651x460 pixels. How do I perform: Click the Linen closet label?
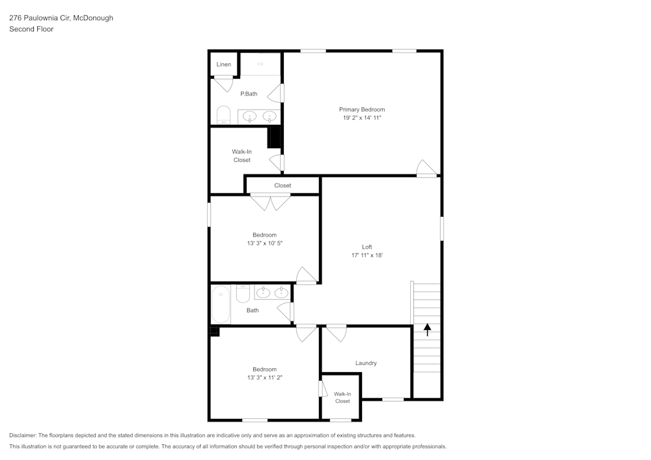[x=223, y=64]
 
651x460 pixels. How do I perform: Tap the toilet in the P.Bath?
[x=223, y=115]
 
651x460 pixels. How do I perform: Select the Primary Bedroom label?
[x=361, y=109]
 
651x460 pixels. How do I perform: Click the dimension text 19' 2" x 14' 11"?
[x=361, y=118]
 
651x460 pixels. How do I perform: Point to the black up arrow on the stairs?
[x=428, y=330]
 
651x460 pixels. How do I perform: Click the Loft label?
[x=367, y=247]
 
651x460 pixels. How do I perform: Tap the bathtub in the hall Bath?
[x=221, y=304]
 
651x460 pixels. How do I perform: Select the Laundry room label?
[x=366, y=363]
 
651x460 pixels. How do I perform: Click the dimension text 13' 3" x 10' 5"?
[x=264, y=243]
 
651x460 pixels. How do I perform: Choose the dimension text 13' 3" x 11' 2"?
[x=264, y=377]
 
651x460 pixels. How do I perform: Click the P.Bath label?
[x=249, y=94]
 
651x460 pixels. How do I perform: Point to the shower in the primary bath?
[x=260, y=64]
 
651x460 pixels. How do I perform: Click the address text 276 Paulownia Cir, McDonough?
[x=61, y=18]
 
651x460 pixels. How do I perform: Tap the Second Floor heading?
[x=31, y=29]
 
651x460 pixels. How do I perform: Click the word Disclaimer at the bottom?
[x=23, y=435]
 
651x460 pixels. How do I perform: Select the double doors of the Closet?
[x=271, y=202]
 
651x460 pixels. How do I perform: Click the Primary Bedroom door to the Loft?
[x=426, y=169]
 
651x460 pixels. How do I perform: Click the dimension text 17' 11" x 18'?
[x=367, y=256]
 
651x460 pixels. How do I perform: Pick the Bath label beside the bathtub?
[x=253, y=310]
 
